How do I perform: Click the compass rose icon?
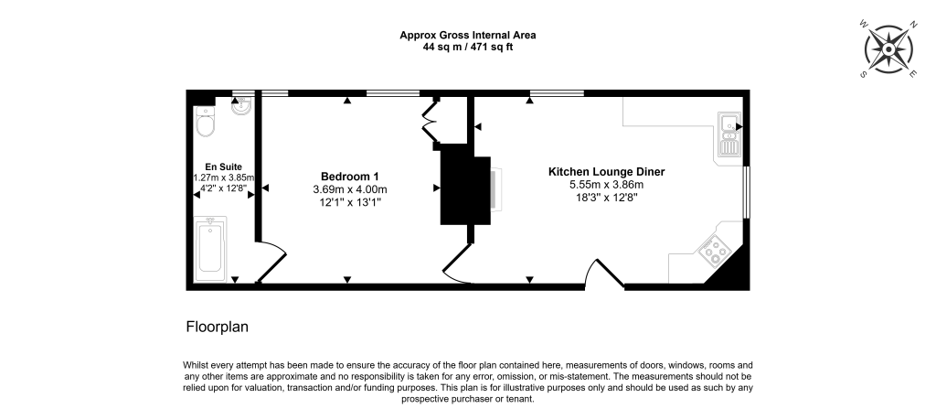tap(888, 48)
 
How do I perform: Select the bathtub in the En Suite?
tap(210, 246)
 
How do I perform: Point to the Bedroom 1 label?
tap(349, 176)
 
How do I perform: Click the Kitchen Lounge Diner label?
tap(606, 171)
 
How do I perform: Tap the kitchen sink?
tap(729, 135)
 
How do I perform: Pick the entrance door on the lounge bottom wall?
tap(604, 273)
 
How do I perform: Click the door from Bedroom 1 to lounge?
tap(457, 266)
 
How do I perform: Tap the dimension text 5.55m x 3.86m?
tap(606, 184)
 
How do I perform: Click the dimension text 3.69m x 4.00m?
tap(349, 188)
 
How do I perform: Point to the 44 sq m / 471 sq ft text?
tap(467, 47)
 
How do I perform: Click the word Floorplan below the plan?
tap(218, 327)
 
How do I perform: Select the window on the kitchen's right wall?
tap(747, 192)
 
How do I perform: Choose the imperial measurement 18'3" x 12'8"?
tap(606, 197)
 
